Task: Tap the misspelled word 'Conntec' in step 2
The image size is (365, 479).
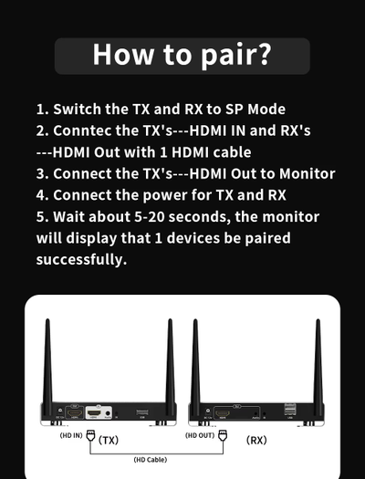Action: click(x=87, y=130)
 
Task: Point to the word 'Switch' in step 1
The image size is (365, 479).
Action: click(x=77, y=109)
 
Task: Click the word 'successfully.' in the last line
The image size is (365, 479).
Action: click(x=81, y=259)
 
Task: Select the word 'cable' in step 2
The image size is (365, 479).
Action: click(x=227, y=152)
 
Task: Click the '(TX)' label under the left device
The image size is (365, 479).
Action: click(x=109, y=440)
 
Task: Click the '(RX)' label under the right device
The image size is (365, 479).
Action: click(x=256, y=440)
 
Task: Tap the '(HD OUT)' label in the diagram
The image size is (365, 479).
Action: click(x=199, y=435)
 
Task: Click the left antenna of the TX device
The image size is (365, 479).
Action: click(x=47, y=365)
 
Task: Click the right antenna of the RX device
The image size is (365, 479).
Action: click(x=318, y=365)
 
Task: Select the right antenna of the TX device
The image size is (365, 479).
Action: click(x=170, y=365)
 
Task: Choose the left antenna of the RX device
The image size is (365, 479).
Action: click(x=194, y=365)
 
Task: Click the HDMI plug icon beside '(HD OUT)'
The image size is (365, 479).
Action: click(x=221, y=436)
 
